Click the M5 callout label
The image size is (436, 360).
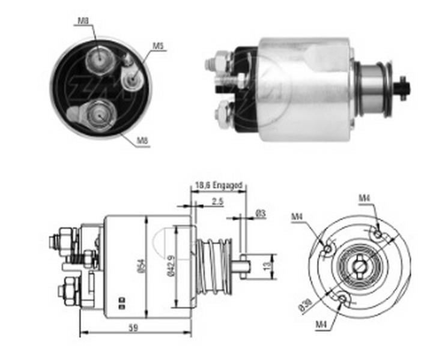[158, 46]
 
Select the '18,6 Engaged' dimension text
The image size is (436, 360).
[218, 186]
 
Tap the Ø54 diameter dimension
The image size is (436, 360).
[140, 266]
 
